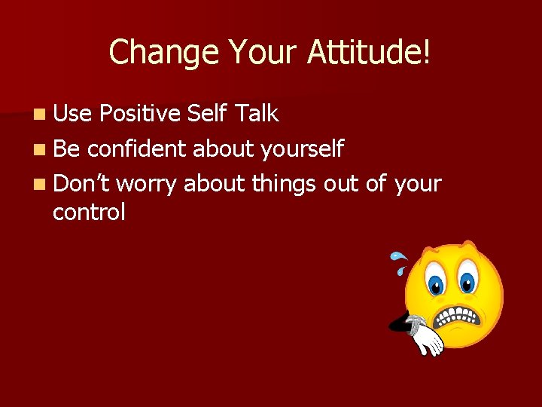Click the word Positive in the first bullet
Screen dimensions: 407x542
[x=140, y=114]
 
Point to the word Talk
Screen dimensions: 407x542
[x=257, y=114]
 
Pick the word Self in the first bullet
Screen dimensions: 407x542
[x=209, y=114]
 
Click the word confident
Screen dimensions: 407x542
[x=136, y=148]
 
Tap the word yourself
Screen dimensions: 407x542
[x=301, y=149]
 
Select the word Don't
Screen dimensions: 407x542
[x=81, y=183]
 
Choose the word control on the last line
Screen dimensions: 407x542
[x=89, y=213]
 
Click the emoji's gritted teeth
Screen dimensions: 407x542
[x=461, y=317]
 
